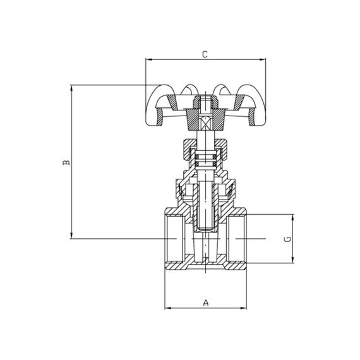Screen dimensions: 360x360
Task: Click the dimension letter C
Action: click(x=204, y=54)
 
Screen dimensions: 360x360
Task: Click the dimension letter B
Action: click(x=65, y=163)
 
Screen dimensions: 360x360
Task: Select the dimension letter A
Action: click(x=205, y=303)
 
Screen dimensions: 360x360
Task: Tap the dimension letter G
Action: click(x=287, y=239)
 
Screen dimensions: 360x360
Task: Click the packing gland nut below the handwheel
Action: click(x=205, y=149)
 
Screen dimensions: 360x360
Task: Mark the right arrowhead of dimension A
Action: click(x=244, y=308)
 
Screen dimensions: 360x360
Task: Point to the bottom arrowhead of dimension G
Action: click(x=294, y=261)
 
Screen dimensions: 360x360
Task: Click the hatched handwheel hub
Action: click(x=205, y=114)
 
